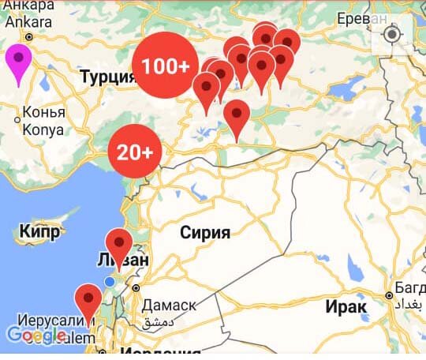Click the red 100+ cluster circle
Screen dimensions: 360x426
point(164,66)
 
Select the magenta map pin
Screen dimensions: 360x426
point(18,62)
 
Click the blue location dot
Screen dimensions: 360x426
point(110,282)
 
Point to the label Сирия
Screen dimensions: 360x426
point(205,232)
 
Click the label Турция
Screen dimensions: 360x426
point(107,77)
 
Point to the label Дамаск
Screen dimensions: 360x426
point(169,306)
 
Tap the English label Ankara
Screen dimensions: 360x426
point(30,22)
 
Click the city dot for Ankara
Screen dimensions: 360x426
point(29,36)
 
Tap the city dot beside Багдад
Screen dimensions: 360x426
point(389,295)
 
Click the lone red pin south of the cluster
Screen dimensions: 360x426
point(237,116)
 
